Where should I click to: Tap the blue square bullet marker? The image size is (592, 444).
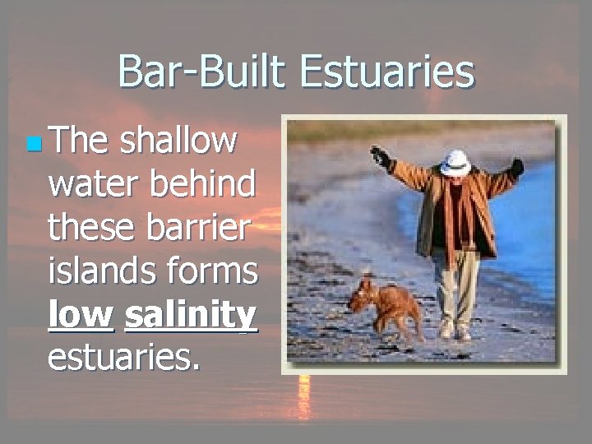pyautogui.click(x=33, y=146)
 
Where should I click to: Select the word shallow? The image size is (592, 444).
pyautogui.click(x=178, y=141)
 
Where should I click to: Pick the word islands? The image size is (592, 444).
pyautogui.click(x=97, y=271)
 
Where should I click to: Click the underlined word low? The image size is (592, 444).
pyautogui.click(x=81, y=315)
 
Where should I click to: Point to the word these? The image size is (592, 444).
pyautogui.click(x=93, y=227)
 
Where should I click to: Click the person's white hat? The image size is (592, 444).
pyautogui.click(x=455, y=161)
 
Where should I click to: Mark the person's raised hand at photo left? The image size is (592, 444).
pyautogui.click(x=380, y=155)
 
